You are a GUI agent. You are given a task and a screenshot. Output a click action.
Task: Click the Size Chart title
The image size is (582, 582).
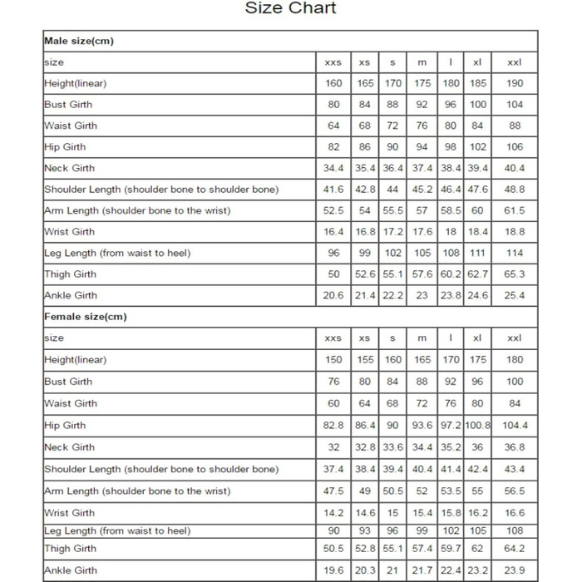(290, 8)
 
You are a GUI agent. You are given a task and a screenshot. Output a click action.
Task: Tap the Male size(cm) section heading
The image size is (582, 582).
(79, 41)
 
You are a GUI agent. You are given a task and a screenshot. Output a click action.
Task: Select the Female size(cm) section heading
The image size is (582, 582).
(85, 317)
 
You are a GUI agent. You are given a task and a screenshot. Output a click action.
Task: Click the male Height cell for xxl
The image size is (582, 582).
(515, 83)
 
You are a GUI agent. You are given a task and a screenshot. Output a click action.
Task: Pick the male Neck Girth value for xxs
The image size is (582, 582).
(333, 168)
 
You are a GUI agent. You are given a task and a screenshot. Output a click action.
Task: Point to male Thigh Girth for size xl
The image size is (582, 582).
(477, 274)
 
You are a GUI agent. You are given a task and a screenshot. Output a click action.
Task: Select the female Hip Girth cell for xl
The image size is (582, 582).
(477, 425)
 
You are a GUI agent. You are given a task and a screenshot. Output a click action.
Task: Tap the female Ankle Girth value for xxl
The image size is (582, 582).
(515, 570)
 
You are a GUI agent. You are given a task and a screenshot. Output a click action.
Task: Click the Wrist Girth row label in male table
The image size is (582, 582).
(70, 232)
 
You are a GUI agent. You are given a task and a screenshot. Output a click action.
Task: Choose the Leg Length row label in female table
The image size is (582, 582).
(117, 530)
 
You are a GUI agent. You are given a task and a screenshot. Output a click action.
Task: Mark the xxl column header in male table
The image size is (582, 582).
(515, 62)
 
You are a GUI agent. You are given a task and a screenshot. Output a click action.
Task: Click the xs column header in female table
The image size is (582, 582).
(364, 338)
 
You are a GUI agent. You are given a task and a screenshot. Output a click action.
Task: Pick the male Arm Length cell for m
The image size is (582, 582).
(422, 210)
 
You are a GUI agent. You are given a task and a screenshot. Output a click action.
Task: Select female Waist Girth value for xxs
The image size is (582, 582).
(333, 403)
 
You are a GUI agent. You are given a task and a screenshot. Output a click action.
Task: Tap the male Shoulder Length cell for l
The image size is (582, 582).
(451, 189)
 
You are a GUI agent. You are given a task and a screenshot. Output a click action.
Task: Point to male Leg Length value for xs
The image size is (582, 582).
(364, 253)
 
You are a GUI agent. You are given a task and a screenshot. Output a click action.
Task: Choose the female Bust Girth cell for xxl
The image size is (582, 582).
(515, 382)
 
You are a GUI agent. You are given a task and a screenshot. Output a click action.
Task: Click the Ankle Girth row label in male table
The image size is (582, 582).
(70, 295)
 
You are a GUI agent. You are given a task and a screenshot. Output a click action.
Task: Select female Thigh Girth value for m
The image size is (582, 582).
(422, 549)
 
